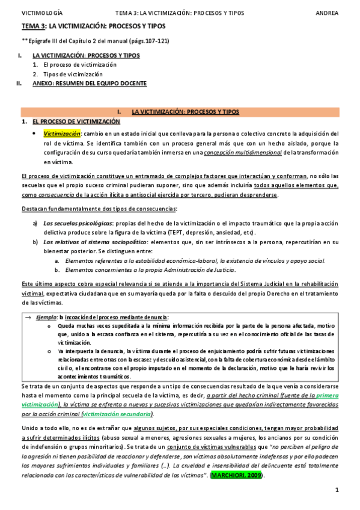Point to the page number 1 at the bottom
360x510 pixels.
coord(338,490)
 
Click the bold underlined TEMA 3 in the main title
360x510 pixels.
coord(34,26)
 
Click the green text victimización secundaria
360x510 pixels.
coord(126,414)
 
